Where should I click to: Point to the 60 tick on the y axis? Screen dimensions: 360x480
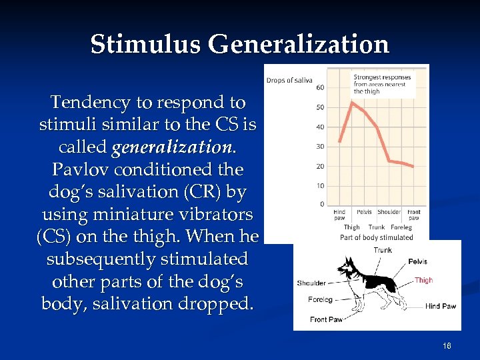(x=320, y=87)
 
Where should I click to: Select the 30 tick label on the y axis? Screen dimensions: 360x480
(x=320, y=147)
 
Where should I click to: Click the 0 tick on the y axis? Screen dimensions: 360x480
(x=322, y=204)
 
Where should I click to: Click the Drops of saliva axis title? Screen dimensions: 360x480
(x=289, y=81)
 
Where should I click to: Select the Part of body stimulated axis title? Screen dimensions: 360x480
(x=376, y=237)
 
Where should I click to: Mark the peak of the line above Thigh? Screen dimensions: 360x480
(x=351, y=102)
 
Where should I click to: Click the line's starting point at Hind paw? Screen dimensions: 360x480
(x=339, y=141)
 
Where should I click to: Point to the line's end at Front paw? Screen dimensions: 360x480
(x=413, y=166)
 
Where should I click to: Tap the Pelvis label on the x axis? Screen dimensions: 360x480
(x=364, y=213)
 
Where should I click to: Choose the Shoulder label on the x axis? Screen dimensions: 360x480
(x=389, y=213)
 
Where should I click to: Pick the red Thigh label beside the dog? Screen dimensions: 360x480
(x=423, y=281)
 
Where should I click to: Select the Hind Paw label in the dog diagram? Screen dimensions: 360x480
(x=440, y=307)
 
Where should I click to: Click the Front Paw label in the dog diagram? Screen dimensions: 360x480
(x=326, y=319)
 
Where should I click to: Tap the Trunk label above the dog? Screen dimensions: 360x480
(x=383, y=251)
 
